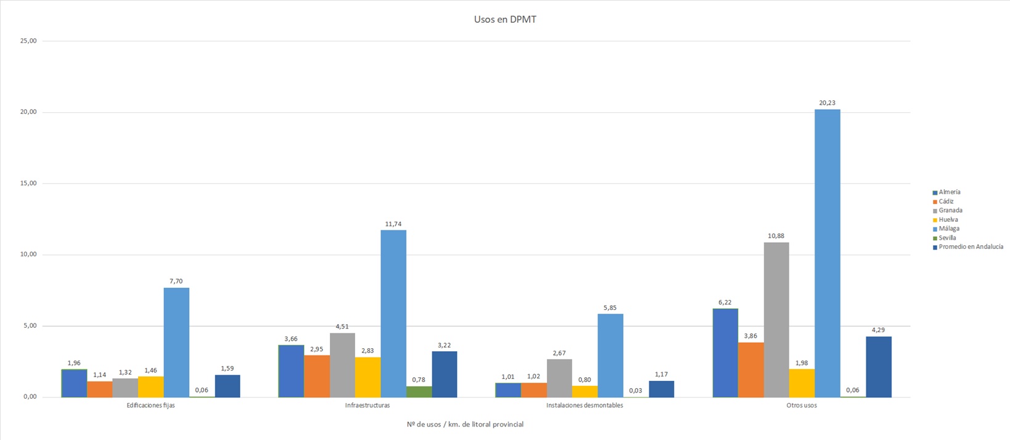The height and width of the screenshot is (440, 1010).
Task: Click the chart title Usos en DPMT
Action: [x=505, y=20]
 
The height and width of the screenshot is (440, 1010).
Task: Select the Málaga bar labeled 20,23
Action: [x=827, y=253]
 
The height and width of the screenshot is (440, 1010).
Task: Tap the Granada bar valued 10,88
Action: [x=776, y=320]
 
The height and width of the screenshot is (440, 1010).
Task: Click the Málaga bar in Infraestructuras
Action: [x=393, y=314]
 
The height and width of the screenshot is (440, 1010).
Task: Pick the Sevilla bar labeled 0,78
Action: [x=419, y=392]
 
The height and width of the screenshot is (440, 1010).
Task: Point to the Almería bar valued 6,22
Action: [x=725, y=353]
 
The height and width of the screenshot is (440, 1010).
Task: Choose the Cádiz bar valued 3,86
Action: [x=750, y=370]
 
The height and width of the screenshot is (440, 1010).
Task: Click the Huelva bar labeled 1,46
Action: [x=150, y=387]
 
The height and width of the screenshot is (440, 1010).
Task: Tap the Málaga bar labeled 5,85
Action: [x=610, y=356]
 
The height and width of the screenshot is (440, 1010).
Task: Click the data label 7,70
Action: [x=176, y=282]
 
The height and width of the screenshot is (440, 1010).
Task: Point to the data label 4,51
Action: [x=342, y=327]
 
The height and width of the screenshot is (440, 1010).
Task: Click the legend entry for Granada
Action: [x=950, y=211]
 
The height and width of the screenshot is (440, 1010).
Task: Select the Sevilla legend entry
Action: [x=947, y=238]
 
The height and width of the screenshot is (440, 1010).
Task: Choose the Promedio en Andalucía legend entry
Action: [x=971, y=247]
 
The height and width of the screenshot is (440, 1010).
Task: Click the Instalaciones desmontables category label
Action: [x=585, y=405]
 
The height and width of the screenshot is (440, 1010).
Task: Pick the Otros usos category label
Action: [x=802, y=405]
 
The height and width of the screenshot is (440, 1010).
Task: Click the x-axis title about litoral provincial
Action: [x=465, y=425]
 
